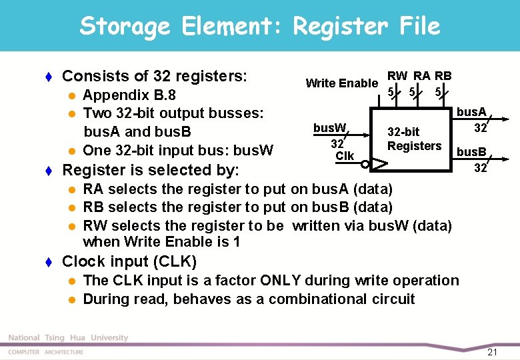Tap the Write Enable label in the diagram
(341, 83)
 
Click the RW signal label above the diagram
(398, 75)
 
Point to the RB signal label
(443, 75)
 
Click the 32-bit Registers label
(414, 139)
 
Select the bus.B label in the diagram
(471, 153)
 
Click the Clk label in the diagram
(345, 156)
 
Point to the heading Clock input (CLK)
(129, 261)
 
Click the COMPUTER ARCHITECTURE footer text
(46, 351)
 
